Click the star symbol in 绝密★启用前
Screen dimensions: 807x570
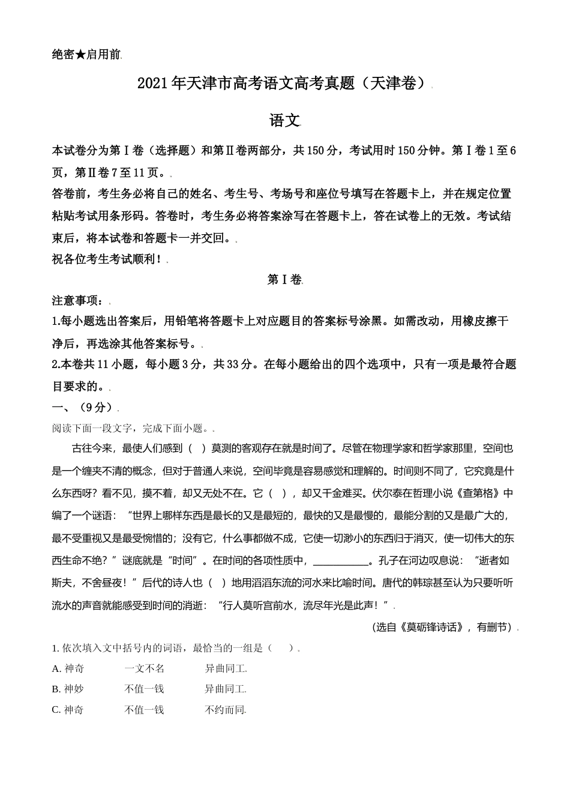[x=80, y=55]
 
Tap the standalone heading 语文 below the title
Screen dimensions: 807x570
[x=284, y=120]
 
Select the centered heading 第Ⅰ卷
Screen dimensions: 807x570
[x=284, y=280]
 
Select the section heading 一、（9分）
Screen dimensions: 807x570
[x=85, y=408]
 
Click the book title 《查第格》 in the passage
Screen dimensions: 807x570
[x=478, y=494]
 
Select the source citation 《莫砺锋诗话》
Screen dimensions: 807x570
[x=435, y=627]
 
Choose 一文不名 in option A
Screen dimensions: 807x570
[x=144, y=669]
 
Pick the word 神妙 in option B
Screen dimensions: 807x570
[x=74, y=689]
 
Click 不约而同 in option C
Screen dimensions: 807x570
[x=225, y=710]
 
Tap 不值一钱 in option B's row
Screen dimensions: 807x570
[x=144, y=689]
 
